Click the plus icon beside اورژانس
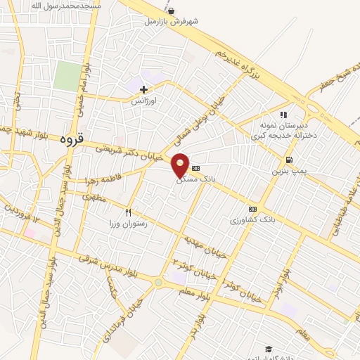144,89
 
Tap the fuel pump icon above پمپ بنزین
289,160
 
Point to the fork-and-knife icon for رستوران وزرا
128,212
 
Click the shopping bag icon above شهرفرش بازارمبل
172,11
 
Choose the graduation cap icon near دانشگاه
268,349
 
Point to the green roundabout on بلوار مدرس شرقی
158,283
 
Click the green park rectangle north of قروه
68,76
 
